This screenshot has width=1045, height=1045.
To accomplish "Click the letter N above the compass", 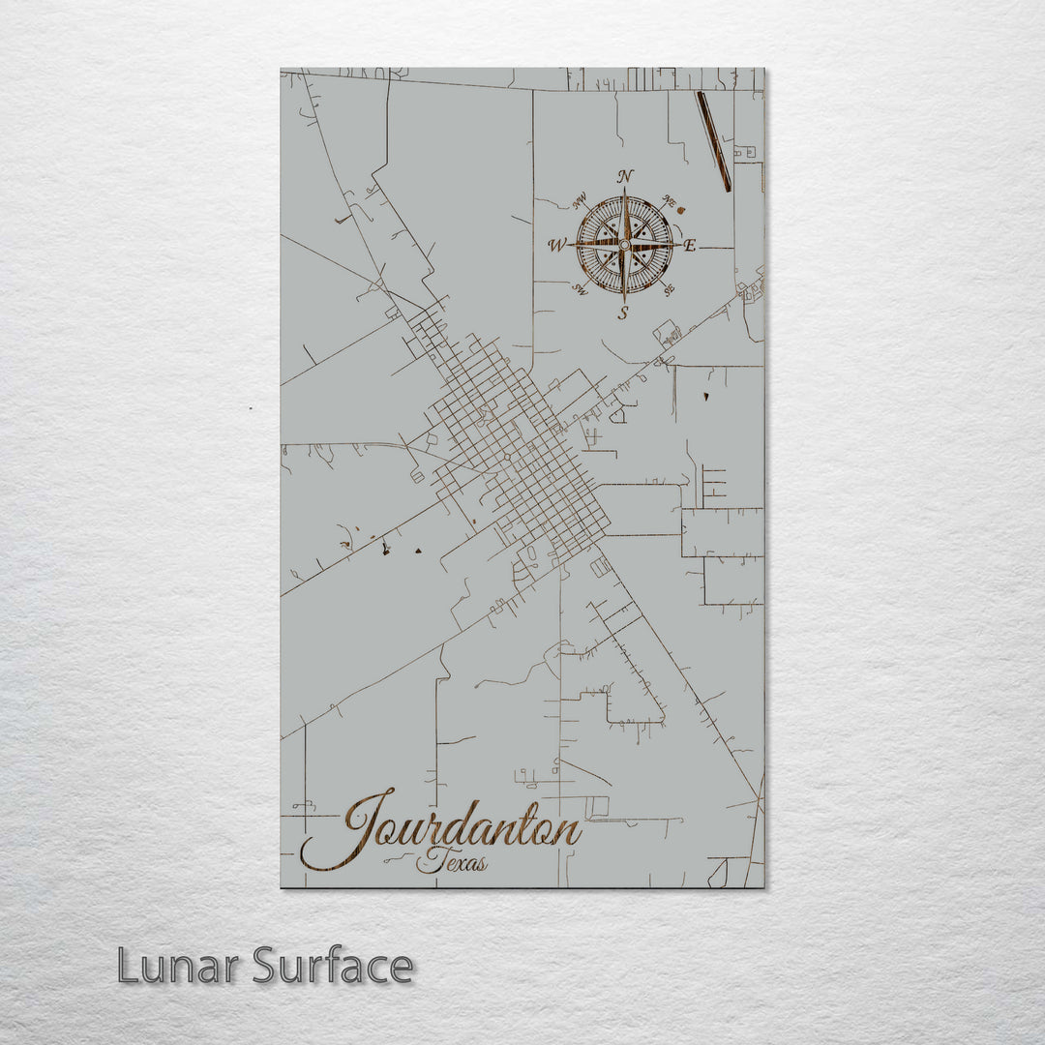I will tap(625, 176).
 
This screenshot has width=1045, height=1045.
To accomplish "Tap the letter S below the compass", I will tap(624, 312).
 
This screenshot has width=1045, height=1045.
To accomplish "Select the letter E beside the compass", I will tap(690, 245).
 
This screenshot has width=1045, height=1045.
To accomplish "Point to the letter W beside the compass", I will tap(556, 246).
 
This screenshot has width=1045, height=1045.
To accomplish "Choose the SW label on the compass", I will tap(581, 288).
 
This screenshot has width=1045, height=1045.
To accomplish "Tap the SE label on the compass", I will tap(668, 287).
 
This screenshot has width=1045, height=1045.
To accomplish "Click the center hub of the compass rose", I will tap(624, 245).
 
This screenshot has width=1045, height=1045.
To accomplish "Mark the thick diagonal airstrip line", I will tap(713, 141).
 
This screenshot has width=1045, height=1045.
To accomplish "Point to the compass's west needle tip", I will tap(572, 246).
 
